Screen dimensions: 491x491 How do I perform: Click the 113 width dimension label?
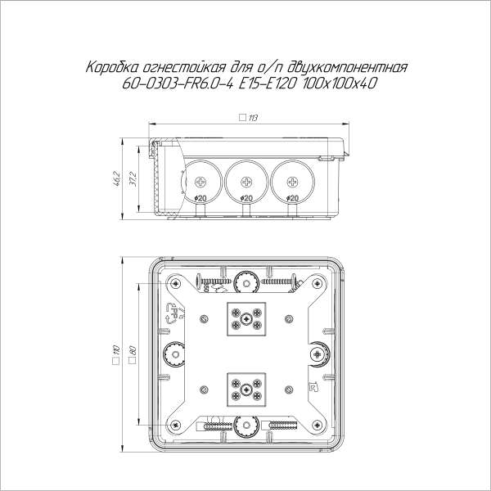click(x=252, y=119)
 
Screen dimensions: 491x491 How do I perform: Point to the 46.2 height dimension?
click(x=118, y=178)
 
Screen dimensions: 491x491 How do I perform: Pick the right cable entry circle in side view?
click(x=291, y=178)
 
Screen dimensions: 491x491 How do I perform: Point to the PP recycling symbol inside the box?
click(x=173, y=314)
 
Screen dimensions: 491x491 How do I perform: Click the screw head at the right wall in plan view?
click(x=318, y=354)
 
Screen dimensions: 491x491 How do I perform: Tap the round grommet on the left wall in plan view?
click(x=173, y=354)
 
